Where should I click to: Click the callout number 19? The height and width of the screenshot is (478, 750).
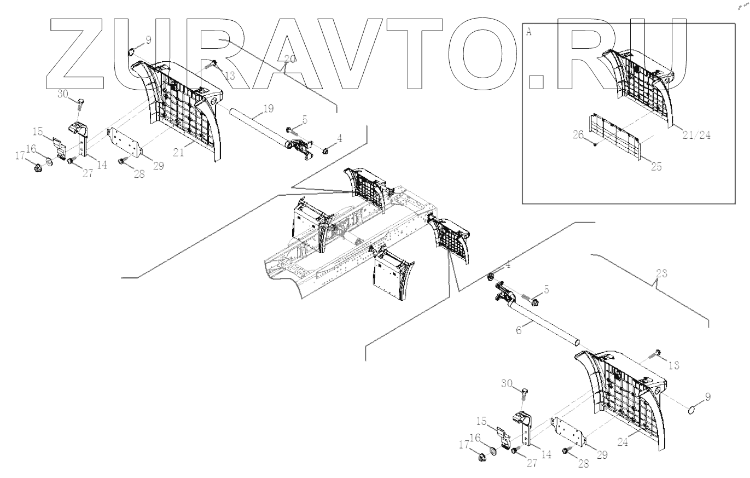coord(267,108)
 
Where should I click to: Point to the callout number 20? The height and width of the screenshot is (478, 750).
coord(290,59)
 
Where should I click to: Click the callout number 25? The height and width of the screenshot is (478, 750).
coord(656,166)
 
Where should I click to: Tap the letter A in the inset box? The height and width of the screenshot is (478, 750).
coord(528,32)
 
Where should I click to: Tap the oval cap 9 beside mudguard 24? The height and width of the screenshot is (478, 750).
coord(693,409)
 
